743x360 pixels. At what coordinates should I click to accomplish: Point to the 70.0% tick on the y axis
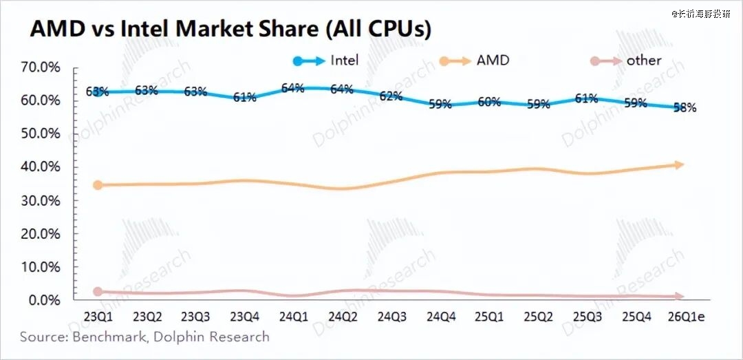41,67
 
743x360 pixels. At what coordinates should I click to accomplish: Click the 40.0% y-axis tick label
41,167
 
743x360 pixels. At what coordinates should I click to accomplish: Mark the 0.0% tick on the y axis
44,301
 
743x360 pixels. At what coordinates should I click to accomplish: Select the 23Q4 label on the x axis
245,318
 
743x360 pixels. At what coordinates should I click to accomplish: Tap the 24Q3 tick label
391,318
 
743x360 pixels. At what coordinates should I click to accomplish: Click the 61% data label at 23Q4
245,98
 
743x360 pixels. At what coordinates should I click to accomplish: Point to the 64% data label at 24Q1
293,88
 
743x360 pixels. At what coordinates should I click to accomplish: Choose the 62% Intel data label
391,96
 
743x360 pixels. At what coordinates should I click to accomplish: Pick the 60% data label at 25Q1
489,102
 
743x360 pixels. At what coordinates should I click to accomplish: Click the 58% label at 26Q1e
685,107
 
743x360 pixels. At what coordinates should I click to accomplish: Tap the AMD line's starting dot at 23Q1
98,185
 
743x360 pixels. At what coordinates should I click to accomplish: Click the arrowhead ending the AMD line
679,165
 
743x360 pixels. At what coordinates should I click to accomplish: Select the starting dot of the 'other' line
98,292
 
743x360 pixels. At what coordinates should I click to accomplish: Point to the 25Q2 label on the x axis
538,318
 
